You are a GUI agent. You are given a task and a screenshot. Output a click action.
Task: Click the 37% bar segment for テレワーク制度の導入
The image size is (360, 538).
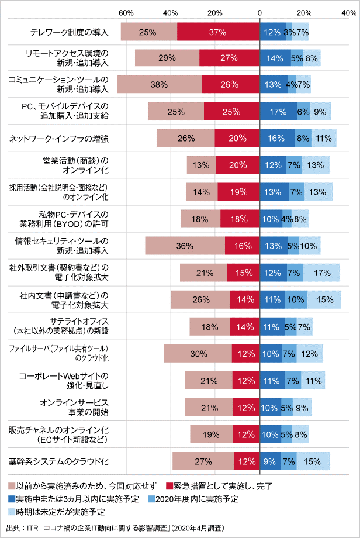(x=218, y=32)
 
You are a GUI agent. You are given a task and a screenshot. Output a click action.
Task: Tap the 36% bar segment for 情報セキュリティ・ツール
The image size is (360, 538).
(x=185, y=246)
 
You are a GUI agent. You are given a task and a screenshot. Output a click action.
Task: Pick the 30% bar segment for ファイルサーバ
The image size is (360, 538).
(x=198, y=353)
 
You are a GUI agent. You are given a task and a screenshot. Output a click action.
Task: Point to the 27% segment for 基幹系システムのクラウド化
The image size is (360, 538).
(x=203, y=461)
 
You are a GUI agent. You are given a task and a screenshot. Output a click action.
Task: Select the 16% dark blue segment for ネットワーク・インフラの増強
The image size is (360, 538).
(x=277, y=138)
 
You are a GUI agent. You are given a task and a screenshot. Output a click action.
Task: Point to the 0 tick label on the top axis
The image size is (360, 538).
(x=259, y=12)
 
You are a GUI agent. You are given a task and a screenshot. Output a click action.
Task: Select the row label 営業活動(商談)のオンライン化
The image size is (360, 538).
(x=81, y=165)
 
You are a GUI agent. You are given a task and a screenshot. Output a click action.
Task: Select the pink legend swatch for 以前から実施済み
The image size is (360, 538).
(x=12, y=486)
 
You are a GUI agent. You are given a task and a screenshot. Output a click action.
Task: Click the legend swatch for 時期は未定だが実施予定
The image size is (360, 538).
(x=12, y=512)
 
